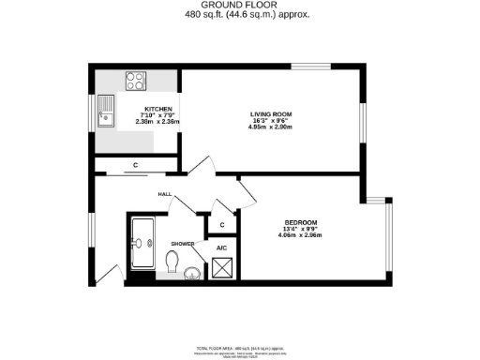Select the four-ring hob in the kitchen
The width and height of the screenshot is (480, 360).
click(x=135, y=81)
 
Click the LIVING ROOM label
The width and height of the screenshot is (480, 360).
click(x=271, y=114)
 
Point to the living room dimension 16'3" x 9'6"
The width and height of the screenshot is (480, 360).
click(x=271, y=121)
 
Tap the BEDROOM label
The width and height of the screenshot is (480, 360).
click(x=300, y=222)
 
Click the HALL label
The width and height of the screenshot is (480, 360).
click(x=163, y=195)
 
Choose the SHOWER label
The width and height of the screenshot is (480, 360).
click(x=182, y=244)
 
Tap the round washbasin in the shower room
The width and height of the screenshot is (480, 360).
click(x=192, y=274)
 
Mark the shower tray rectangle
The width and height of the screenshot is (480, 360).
click(x=143, y=243)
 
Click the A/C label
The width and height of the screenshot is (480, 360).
click(x=222, y=248)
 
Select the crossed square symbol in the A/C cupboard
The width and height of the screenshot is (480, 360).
click(x=223, y=269)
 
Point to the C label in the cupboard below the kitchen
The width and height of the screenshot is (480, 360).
click(x=137, y=166)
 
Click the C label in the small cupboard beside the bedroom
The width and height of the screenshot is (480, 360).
click(x=222, y=225)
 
